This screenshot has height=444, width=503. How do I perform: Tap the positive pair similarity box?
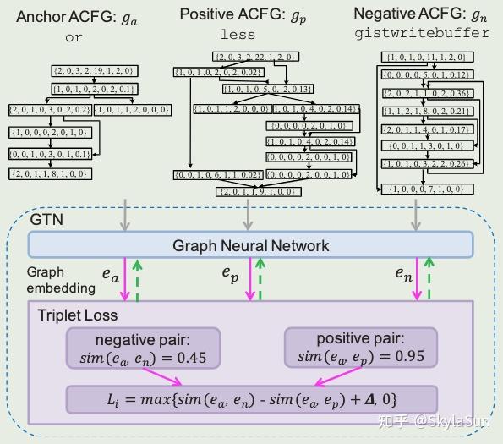pos(357,348)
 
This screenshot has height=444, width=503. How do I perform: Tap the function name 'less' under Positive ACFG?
pos(238,35)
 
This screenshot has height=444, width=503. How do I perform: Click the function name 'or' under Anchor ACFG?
pos(74,37)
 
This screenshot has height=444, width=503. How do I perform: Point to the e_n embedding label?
pos(405,273)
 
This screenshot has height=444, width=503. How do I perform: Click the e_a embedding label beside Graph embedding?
pos(111,275)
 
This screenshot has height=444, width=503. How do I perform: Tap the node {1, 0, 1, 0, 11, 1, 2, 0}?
pos(425,57)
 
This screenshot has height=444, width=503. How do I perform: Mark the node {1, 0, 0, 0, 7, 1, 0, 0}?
pos(426,188)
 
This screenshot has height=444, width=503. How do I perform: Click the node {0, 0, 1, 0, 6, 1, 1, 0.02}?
pos(215,174)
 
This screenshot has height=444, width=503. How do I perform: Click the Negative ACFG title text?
pos(424,14)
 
